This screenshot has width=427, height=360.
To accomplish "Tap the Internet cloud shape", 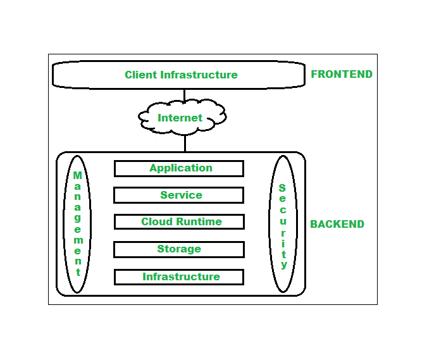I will [181, 118].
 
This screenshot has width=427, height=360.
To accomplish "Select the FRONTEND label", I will [341, 74].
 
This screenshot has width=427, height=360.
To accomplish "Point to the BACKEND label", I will [337, 224].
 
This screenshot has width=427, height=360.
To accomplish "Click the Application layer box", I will [178, 168].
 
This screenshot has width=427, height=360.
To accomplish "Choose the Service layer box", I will [178, 195].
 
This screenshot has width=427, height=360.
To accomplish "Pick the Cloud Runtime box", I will [178, 222].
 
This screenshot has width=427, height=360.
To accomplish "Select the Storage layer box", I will [178, 249].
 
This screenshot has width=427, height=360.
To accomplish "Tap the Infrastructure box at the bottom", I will [178, 277].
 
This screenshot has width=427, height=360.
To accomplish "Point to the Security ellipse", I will [283, 224].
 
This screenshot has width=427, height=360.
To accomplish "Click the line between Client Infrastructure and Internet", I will [185, 96].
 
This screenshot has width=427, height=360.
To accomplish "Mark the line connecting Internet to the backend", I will [185, 142].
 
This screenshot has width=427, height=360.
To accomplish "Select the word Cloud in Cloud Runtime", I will [156, 222].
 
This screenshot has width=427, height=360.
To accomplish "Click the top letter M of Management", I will [78, 175].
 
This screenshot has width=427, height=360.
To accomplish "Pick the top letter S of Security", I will [282, 188].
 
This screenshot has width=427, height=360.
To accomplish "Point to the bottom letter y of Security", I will [284, 264].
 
